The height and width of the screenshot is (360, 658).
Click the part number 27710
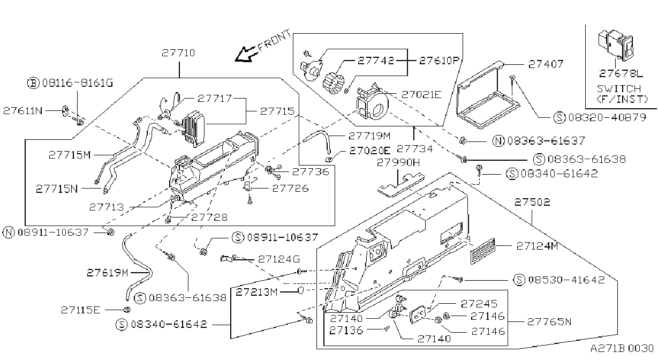(178, 53)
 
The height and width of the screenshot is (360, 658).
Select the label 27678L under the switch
(621, 73)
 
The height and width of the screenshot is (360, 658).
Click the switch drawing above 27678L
(616, 46)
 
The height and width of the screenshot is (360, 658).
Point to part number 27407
(546, 64)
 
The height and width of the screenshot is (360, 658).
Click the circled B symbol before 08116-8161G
(33, 83)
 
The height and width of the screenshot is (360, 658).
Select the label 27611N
(23, 111)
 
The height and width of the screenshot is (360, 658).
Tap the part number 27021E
(421, 95)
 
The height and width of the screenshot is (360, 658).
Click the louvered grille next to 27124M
(482, 251)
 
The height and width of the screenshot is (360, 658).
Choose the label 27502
(532, 202)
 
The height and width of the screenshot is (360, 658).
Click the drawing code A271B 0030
(622, 348)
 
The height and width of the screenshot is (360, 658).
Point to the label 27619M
(108, 273)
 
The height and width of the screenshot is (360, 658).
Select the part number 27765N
(549, 322)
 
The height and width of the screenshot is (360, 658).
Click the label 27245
(479, 304)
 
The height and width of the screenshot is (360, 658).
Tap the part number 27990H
(398, 162)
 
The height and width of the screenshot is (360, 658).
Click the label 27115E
(81, 310)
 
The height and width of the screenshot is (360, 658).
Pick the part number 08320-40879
(607, 117)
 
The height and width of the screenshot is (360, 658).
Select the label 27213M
(257, 292)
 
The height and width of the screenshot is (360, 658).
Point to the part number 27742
(376, 61)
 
